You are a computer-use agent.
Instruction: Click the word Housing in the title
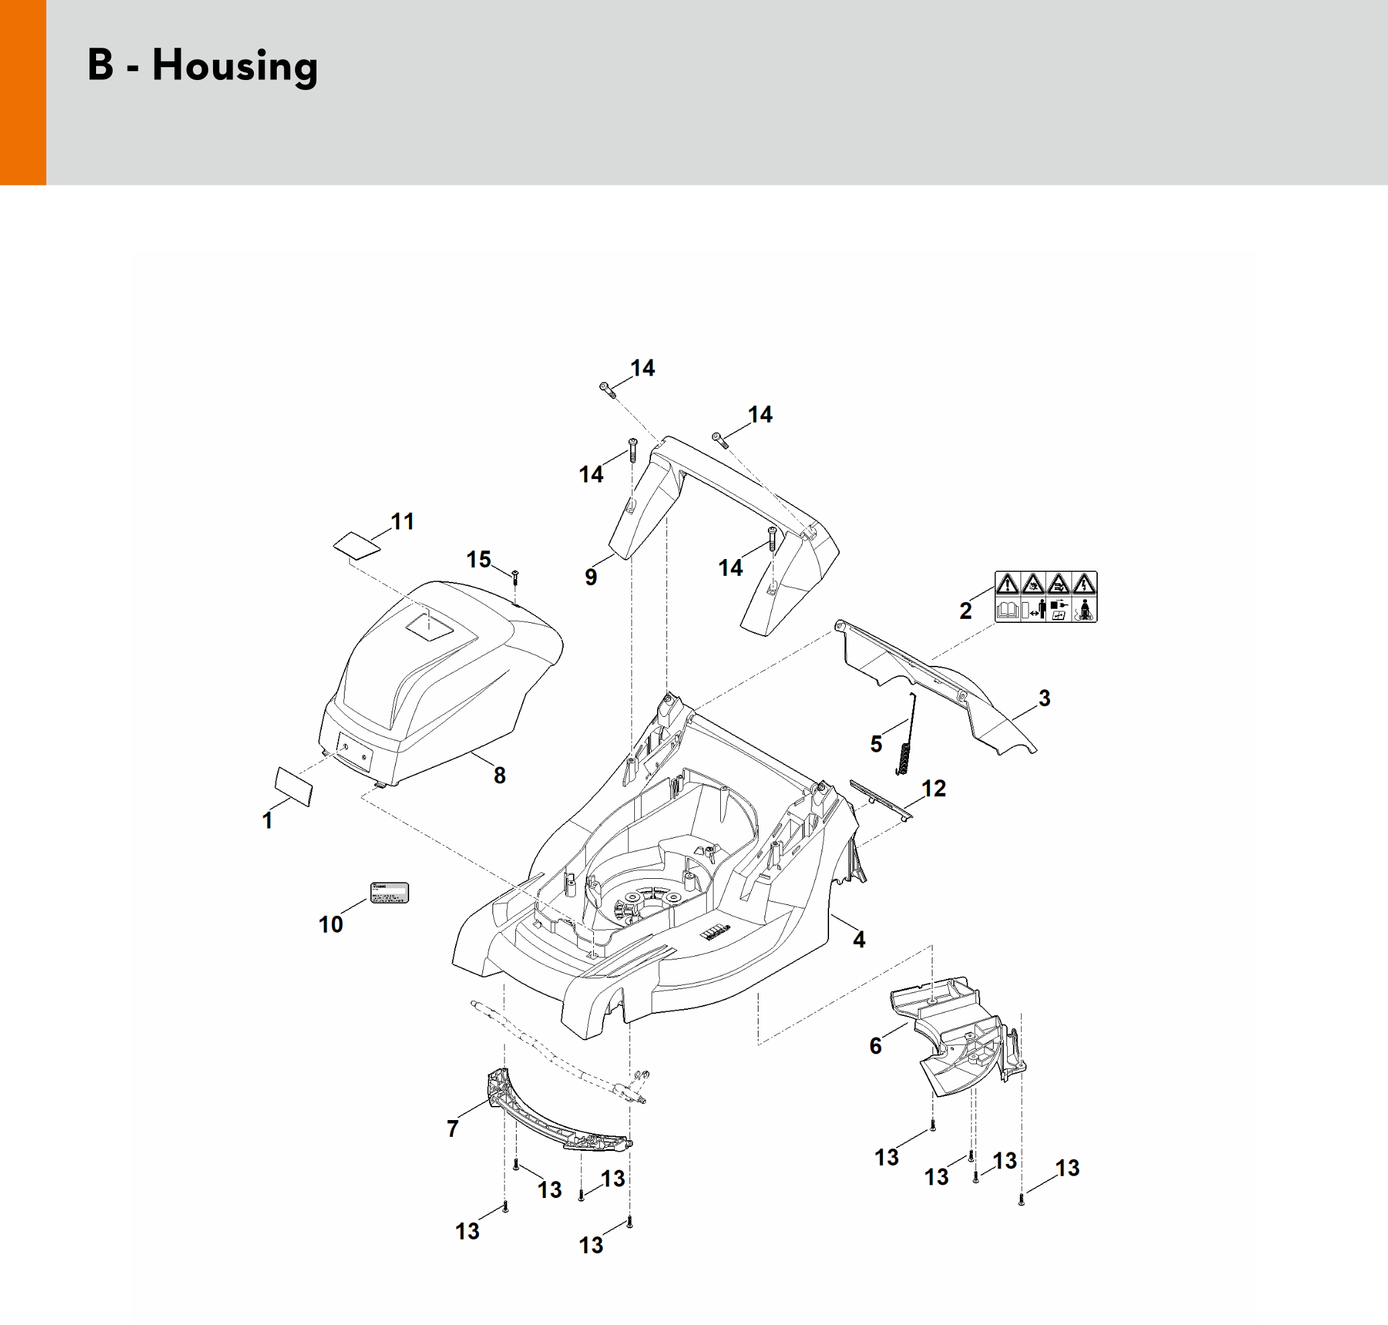234,67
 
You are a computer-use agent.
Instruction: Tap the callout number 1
267,820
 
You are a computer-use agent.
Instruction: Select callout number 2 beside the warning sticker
965,611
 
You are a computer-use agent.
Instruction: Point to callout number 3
1044,699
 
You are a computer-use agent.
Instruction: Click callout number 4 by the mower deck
859,939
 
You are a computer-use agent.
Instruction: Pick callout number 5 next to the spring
876,743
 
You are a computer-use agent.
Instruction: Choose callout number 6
875,1046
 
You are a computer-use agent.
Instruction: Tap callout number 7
453,1129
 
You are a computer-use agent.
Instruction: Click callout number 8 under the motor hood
499,775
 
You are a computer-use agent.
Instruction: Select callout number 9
591,577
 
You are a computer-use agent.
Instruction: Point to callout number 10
331,924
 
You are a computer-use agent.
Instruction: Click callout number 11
402,522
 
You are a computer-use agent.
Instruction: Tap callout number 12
933,788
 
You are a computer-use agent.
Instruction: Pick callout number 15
478,560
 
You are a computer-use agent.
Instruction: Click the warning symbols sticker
1045,597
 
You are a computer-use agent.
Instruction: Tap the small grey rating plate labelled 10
390,893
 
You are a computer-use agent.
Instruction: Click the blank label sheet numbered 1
293,786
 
